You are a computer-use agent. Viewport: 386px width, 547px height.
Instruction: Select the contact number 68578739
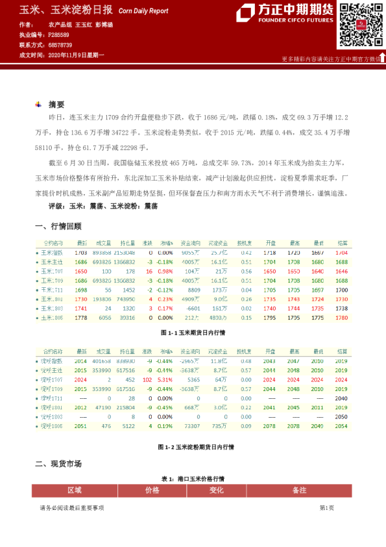coord(59,45)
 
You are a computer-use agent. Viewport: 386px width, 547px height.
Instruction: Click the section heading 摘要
coord(56,105)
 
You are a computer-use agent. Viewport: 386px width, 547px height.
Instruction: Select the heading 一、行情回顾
coord(58,226)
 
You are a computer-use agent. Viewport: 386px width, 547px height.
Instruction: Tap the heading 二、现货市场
coord(58,464)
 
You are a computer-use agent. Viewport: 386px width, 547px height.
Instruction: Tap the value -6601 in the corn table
coord(192,309)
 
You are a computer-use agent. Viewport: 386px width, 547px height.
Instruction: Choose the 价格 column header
coord(152,490)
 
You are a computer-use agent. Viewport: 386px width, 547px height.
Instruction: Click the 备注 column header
coord(299,490)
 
